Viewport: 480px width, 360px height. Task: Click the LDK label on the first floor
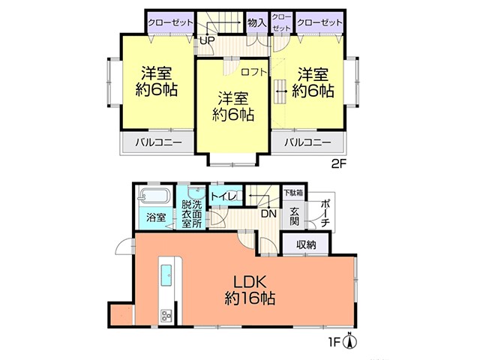[250, 282]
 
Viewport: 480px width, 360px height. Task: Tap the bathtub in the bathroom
[154, 195]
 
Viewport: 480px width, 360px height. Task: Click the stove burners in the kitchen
[166, 315]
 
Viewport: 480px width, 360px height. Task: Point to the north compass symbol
[351, 340]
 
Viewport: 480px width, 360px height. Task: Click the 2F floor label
[339, 164]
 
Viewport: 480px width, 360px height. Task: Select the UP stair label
[207, 40]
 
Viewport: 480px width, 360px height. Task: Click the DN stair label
[268, 213]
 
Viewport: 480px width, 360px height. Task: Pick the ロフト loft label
[254, 72]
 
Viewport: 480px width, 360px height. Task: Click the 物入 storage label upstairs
[256, 22]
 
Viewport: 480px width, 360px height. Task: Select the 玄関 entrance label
[295, 216]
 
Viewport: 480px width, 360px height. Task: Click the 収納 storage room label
[306, 244]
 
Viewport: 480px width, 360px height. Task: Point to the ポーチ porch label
[325, 214]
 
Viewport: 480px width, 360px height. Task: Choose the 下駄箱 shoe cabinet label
[293, 193]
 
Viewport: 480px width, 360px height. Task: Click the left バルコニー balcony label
[158, 142]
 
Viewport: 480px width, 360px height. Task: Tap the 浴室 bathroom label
[156, 217]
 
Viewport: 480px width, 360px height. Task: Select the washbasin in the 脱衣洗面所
[196, 193]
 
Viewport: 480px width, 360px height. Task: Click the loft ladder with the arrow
[280, 91]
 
